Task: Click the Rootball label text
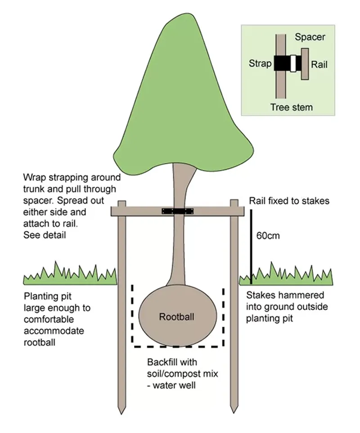176,317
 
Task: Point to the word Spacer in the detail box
310,37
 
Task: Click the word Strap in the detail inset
260,63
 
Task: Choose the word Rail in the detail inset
319,64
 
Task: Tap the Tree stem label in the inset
291,107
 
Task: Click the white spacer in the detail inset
293,63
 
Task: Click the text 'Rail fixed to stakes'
289,201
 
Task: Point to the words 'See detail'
43,235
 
